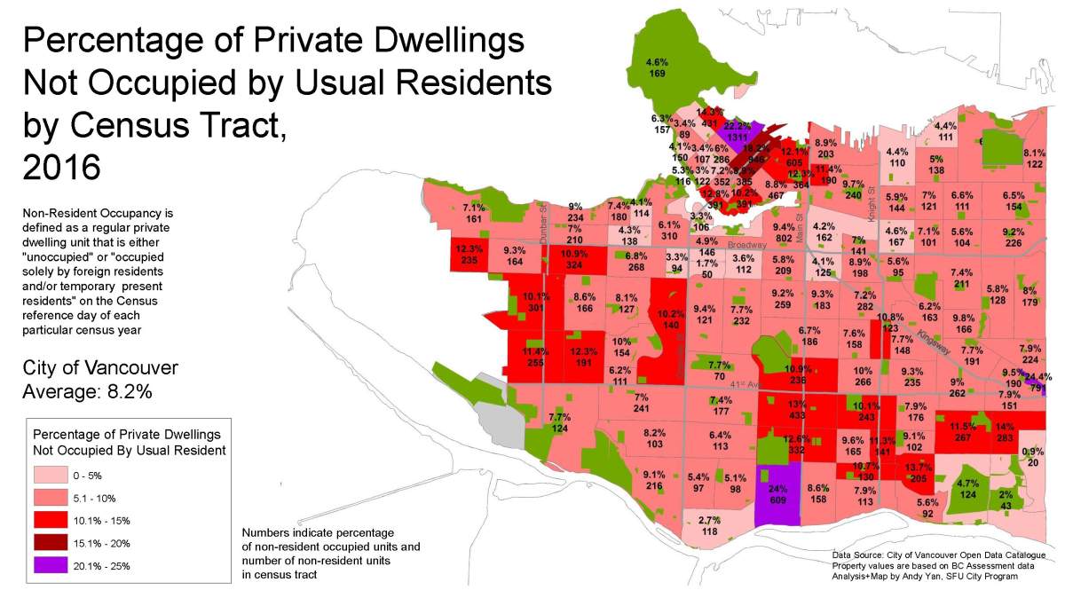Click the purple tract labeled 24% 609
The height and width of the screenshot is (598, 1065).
777,495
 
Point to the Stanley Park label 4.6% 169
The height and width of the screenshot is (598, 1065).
656,68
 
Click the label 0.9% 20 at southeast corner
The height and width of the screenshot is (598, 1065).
1032,456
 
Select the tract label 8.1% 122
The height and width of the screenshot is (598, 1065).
1034,159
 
